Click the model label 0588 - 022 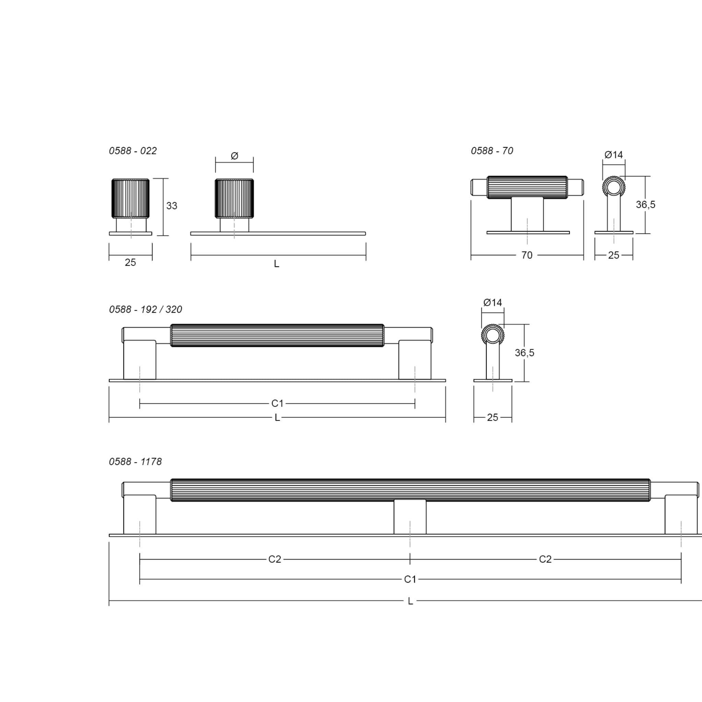133,151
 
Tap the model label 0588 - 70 492,151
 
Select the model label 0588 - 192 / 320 145,309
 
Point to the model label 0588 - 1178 135,461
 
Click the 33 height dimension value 172,206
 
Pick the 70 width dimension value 527,255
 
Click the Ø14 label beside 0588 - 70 614,155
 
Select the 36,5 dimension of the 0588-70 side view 646,205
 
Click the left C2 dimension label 275,559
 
